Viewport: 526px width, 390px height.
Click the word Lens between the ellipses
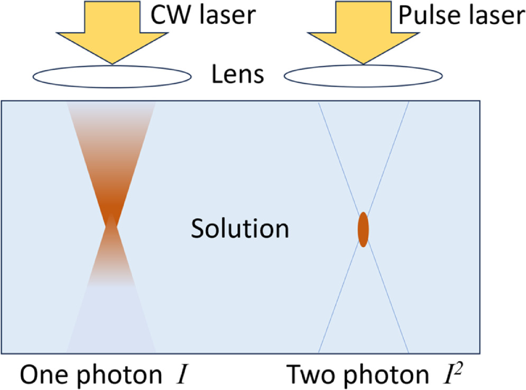pyautogui.click(x=237, y=76)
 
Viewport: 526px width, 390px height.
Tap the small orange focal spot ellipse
pyautogui.click(x=363, y=229)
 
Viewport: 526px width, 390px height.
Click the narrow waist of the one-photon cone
pyautogui.click(x=111, y=225)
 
